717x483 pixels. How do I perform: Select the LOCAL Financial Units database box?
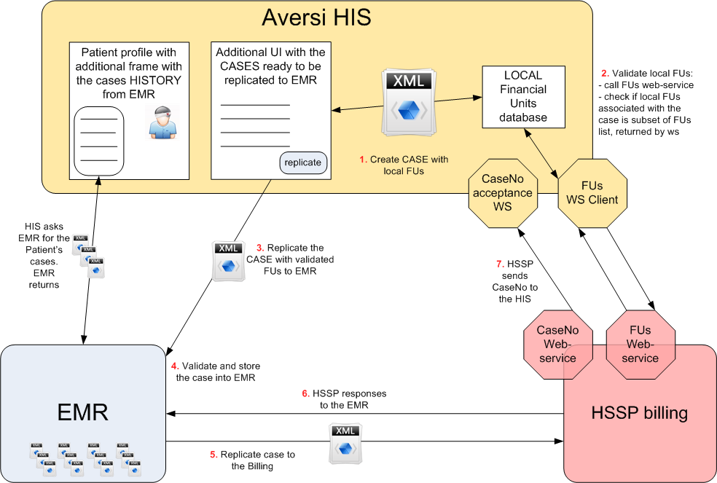(522, 96)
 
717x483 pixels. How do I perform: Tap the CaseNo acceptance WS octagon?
(502, 191)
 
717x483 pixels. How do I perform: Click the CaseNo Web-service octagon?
(556, 344)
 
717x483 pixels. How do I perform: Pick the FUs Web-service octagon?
(640, 344)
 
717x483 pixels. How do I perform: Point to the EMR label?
(82, 412)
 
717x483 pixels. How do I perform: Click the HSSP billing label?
(640, 413)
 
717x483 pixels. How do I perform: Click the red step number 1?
(362, 160)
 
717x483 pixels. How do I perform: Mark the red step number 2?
(604, 73)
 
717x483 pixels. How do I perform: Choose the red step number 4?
(174, 365)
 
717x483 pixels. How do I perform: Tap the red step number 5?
(213, 455)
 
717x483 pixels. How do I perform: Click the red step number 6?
(306, 394)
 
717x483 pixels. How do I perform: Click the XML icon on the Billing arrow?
(345, 441)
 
